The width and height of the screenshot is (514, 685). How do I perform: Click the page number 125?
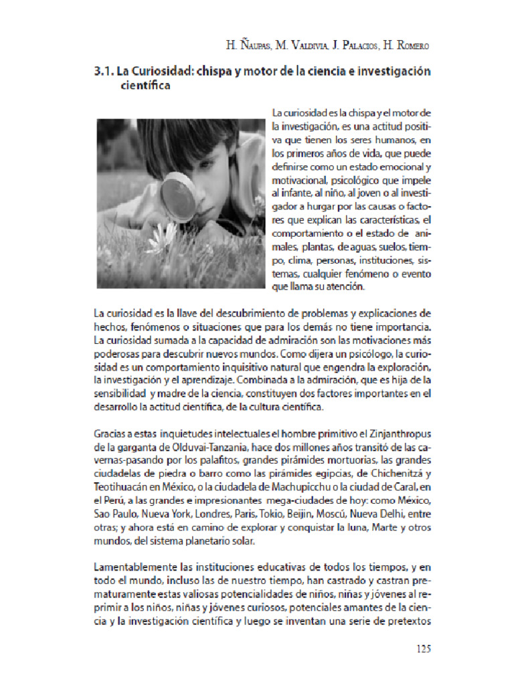coord(424,648)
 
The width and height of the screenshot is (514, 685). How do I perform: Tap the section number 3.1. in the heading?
coord(104,71)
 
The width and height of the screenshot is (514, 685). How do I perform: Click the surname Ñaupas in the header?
coord(250,45)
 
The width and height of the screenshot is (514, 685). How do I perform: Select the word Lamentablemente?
coord(139,566)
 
